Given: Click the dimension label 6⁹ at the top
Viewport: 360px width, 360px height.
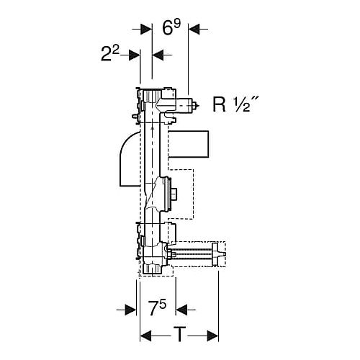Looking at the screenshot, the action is (171, 27).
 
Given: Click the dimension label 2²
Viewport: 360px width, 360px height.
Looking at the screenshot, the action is (110, 53).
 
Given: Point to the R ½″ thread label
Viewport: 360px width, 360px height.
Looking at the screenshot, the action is (235, 104).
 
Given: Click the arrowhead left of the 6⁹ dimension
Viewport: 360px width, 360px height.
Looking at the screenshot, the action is (146, 29).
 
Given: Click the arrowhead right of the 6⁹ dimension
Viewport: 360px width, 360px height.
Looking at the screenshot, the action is (194, 29).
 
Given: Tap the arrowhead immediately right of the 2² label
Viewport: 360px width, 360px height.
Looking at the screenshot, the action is (134, 55).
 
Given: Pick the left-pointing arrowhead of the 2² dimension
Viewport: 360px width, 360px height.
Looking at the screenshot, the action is (158, 55).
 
